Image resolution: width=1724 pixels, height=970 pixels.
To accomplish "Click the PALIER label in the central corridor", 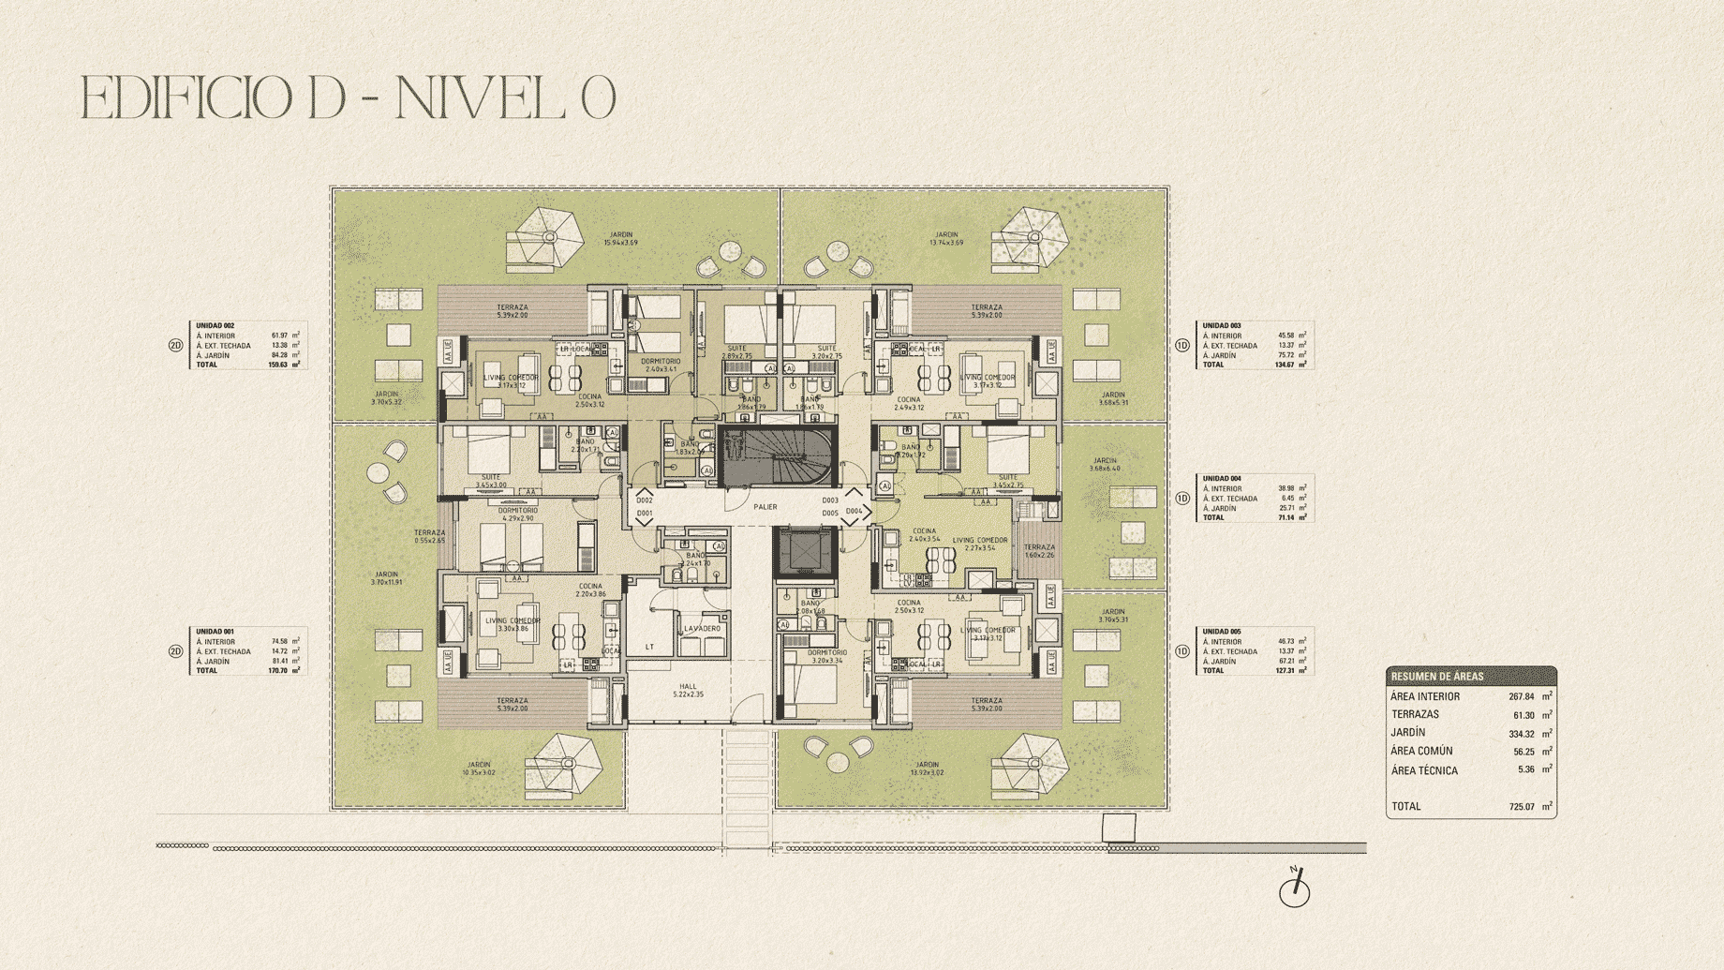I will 765,507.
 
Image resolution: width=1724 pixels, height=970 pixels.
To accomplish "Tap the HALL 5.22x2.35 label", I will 688,691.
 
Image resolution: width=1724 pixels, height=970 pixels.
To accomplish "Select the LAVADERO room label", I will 702,629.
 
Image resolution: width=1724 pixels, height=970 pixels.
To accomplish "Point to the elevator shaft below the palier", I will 805,551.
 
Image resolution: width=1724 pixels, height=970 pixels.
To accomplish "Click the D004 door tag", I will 854,512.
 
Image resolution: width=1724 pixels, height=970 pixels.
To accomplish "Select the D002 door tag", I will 645,500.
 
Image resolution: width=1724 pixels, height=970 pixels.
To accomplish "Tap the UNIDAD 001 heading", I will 215,632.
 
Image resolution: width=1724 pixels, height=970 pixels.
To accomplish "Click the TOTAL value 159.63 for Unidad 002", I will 277,365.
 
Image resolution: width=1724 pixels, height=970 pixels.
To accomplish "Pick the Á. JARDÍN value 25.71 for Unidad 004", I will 1286,508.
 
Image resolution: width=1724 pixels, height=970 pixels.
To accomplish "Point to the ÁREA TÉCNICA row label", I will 1424,770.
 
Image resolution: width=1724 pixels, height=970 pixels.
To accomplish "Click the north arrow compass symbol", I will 1295,888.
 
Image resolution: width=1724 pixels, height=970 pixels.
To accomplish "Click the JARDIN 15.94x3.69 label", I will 620,239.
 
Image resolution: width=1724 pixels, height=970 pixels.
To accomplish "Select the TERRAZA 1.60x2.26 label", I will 1039,551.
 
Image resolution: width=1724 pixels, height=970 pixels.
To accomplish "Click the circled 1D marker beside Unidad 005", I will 1182,651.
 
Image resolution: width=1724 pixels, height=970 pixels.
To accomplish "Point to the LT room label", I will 650,647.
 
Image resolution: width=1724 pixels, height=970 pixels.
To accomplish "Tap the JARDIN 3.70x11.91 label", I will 386,578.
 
